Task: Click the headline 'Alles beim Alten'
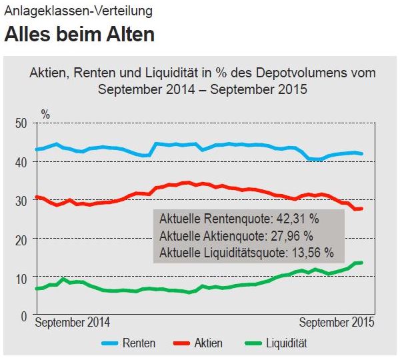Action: [79, 35]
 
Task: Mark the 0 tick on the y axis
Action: [23, 315]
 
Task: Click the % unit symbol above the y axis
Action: [45, 114]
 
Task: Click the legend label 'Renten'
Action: [139, 343]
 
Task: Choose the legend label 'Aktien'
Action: [209, 343]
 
